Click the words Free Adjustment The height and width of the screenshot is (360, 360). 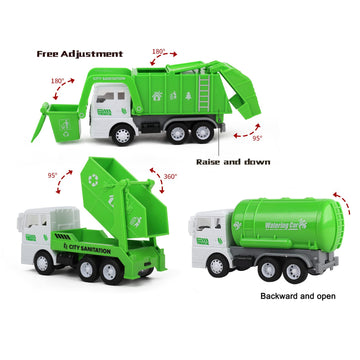click(x=79, y=53)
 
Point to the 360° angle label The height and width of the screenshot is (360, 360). click(x=170, y=176)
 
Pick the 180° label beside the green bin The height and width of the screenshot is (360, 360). click(x=57, y=80)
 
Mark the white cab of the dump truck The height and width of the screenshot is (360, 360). click(x=38, y=235)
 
